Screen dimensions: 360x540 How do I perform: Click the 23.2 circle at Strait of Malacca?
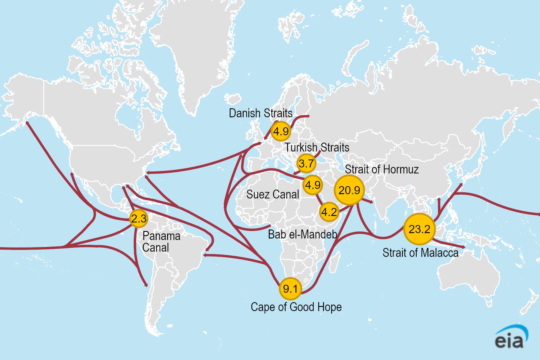[x=419, y=229]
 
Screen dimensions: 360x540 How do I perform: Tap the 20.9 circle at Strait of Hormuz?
[x=349, y=190]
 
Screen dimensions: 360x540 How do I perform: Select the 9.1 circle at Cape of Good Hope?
[x=290, y=289]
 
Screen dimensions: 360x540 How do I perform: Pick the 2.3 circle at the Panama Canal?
[x=139, y=218]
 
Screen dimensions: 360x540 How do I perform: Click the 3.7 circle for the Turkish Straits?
[x=306, y=163]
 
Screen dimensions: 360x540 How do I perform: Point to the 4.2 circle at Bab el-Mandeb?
[x=329, y=212]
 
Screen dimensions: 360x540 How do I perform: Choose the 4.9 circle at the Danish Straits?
[x=281, y=131]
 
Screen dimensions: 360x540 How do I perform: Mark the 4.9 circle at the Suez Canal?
[x=313, y=185]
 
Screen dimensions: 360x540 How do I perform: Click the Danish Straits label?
[x=260, y=113]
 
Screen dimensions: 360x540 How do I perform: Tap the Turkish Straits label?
[x=317, y=147]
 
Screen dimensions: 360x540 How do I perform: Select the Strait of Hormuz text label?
[x=382, y=169]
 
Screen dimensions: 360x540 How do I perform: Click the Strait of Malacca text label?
[x=420, y=253]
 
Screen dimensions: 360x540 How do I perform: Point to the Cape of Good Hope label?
[x=296, y=307]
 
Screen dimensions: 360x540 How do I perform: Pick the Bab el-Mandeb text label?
[x=302, y=234]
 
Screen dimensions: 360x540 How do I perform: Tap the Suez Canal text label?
[x=272, y=194]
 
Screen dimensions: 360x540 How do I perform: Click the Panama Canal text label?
[x=161, y=241]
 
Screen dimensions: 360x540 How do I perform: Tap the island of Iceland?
[x=233, y=98]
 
